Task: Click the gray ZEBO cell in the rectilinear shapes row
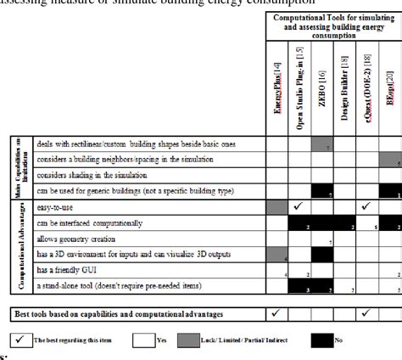coord(321,145)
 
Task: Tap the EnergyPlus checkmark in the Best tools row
coord(277,313)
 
